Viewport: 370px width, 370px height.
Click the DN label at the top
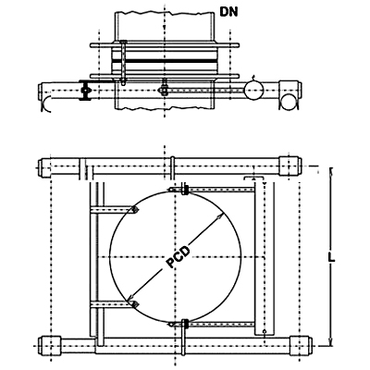coord(228,12)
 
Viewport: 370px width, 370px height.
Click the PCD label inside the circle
coord(178,257)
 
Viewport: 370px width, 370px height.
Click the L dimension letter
coord(331,258)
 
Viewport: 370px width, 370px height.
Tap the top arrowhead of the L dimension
coord(331,171)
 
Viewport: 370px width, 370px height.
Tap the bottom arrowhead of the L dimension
coord(331,341)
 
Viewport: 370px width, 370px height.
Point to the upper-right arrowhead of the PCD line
coord(220,216)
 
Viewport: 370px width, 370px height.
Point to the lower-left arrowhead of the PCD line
coord(130,298)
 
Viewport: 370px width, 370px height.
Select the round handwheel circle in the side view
coord(253,91)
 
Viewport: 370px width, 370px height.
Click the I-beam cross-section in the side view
coord(84,90)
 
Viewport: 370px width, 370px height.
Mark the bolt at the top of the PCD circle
coord(185,189)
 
